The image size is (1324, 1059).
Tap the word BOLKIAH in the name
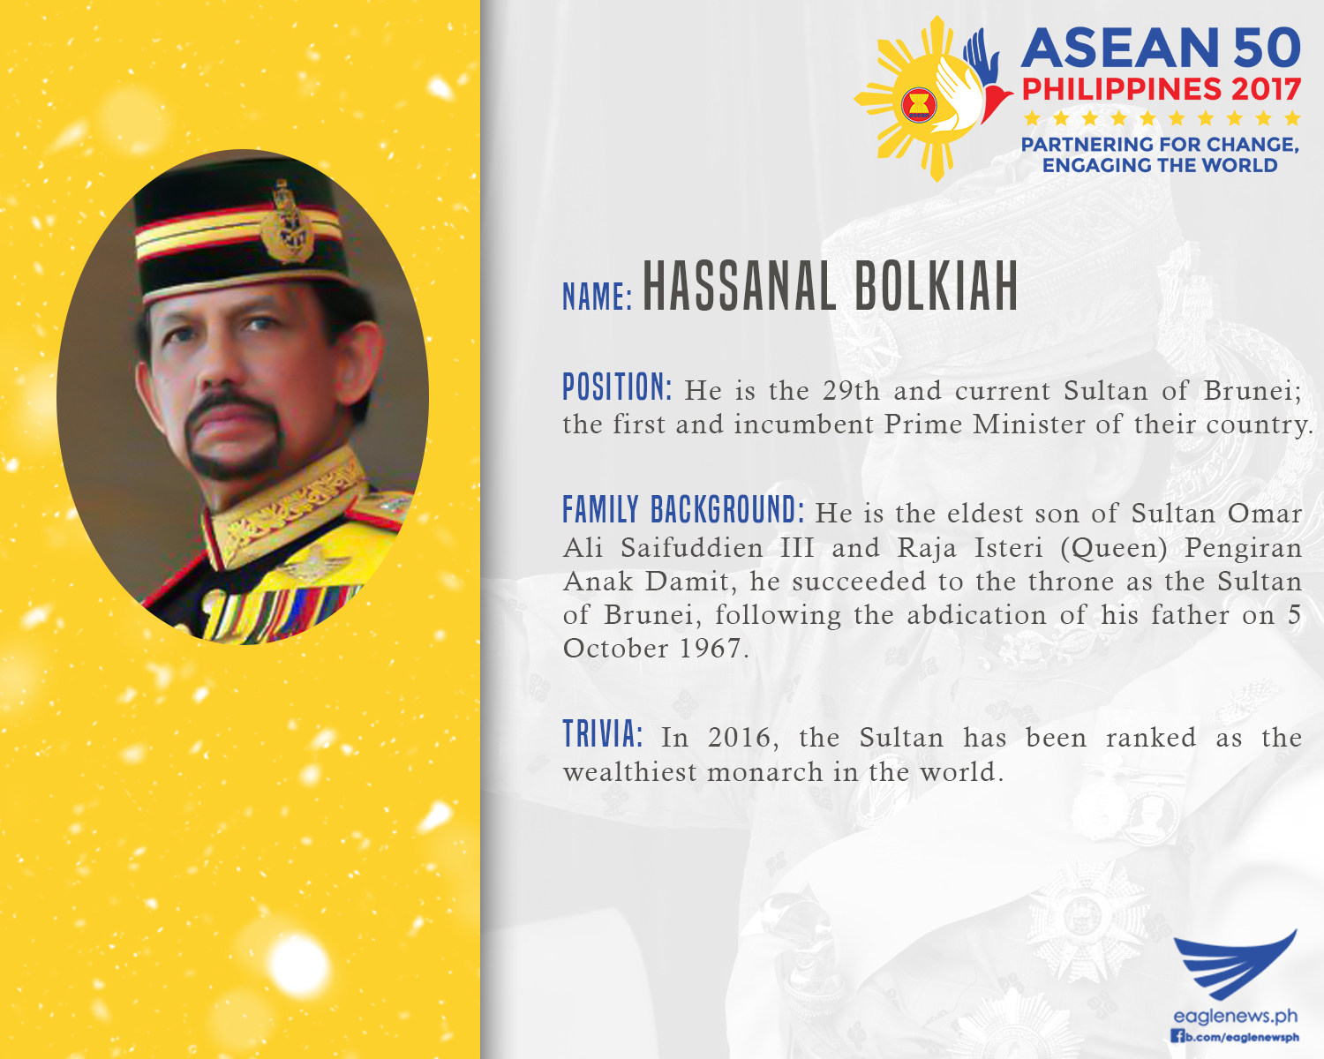click(937, 286)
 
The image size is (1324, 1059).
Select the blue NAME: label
click(598, 297)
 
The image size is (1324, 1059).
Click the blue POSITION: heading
click(618, 387)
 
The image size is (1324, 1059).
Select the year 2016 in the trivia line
click(738, 738)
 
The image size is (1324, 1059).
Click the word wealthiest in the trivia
click(630, 771)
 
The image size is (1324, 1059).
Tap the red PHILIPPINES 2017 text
click(1161, 89)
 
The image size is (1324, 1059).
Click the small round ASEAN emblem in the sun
click(919, 105)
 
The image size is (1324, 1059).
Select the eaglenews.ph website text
click(1236, 1015)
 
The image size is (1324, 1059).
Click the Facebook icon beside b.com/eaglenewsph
click(1177, 1037)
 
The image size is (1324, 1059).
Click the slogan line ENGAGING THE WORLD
click(1160, 166)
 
